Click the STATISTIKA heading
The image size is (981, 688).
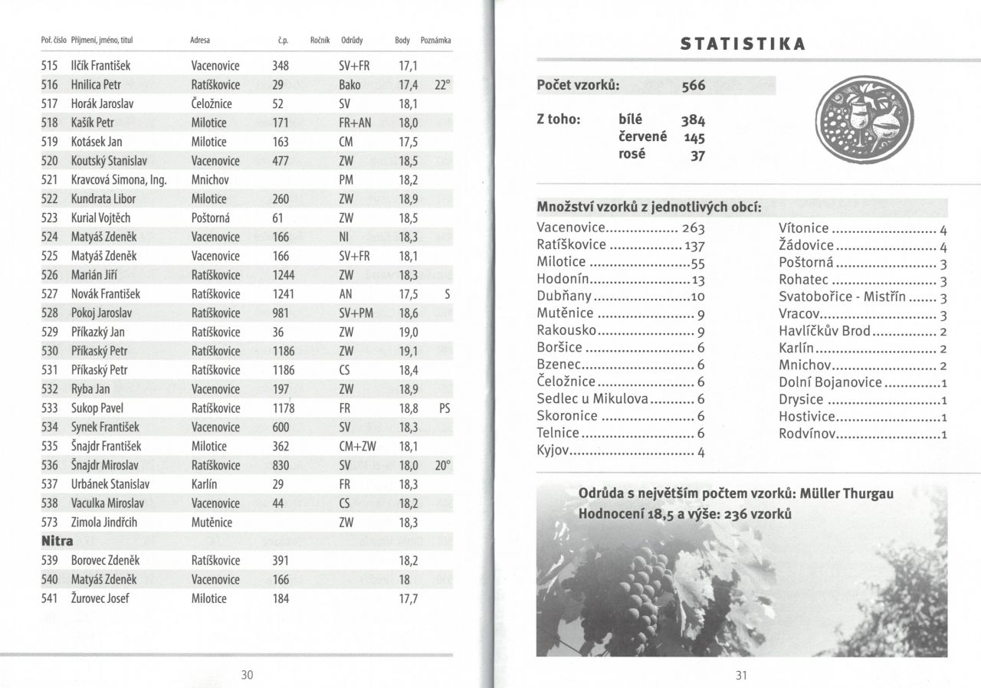[x=743, y=44]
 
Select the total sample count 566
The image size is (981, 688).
[x=693, y=86]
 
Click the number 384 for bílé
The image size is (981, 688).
[x=692, y=120]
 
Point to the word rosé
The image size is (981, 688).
[x=632, y=154]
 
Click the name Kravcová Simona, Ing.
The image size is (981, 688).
[x=119, y=180]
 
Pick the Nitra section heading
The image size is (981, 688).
[x=57, y=541]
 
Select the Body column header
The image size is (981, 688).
[x=402, y=40]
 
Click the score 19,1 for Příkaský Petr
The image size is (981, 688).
[x=408, y=351]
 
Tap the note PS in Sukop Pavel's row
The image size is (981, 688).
[x=445, y=408]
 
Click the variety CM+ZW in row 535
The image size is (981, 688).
[x=357, y=446]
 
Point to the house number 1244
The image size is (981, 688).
[x=284, y=275]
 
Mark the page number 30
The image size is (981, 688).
[x=247, y=675]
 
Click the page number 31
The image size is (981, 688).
[x=740, y=675]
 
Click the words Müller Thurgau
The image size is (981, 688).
[x=848, y=493]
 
